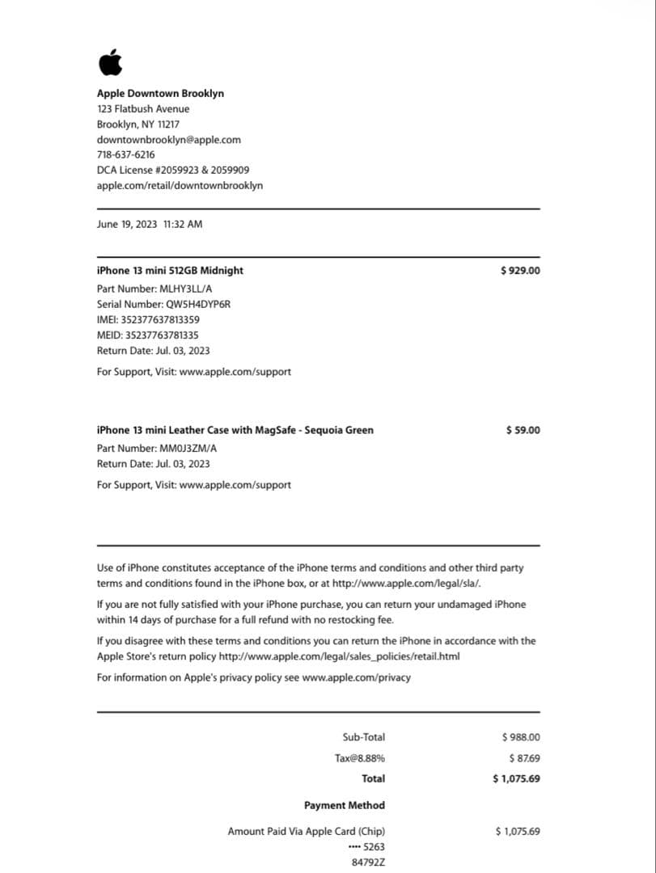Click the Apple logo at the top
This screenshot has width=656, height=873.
[x=110, y=61]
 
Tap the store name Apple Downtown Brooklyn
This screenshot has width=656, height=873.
[x=160, y=94]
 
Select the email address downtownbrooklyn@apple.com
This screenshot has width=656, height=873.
[x=168, y=140]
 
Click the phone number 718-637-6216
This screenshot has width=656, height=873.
[x=125, y=155]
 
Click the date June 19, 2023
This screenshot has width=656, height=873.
[x=127, y=224]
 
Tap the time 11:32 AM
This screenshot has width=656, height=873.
[x=183, y=224]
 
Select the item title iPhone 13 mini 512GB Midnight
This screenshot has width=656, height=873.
[x=170, y=271]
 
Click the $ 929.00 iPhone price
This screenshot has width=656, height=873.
[x=520, y=271]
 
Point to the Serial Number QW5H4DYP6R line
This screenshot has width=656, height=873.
[x=165, y=305]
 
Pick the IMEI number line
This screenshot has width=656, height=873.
[x=148, y=320]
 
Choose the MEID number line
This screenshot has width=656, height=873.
[x=147, y=335]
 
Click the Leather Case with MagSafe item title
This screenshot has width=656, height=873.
[x=235, y=430]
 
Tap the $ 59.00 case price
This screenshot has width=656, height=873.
[x=523, y=430]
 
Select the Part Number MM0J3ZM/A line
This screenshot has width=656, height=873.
[x=157, y=449]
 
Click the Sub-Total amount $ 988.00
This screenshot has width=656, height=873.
[x=521, y=737]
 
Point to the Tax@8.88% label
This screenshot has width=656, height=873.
[x=359, y=758]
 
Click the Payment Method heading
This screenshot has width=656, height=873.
[x=344, y=806]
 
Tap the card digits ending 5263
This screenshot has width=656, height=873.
[x=366, y=847]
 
